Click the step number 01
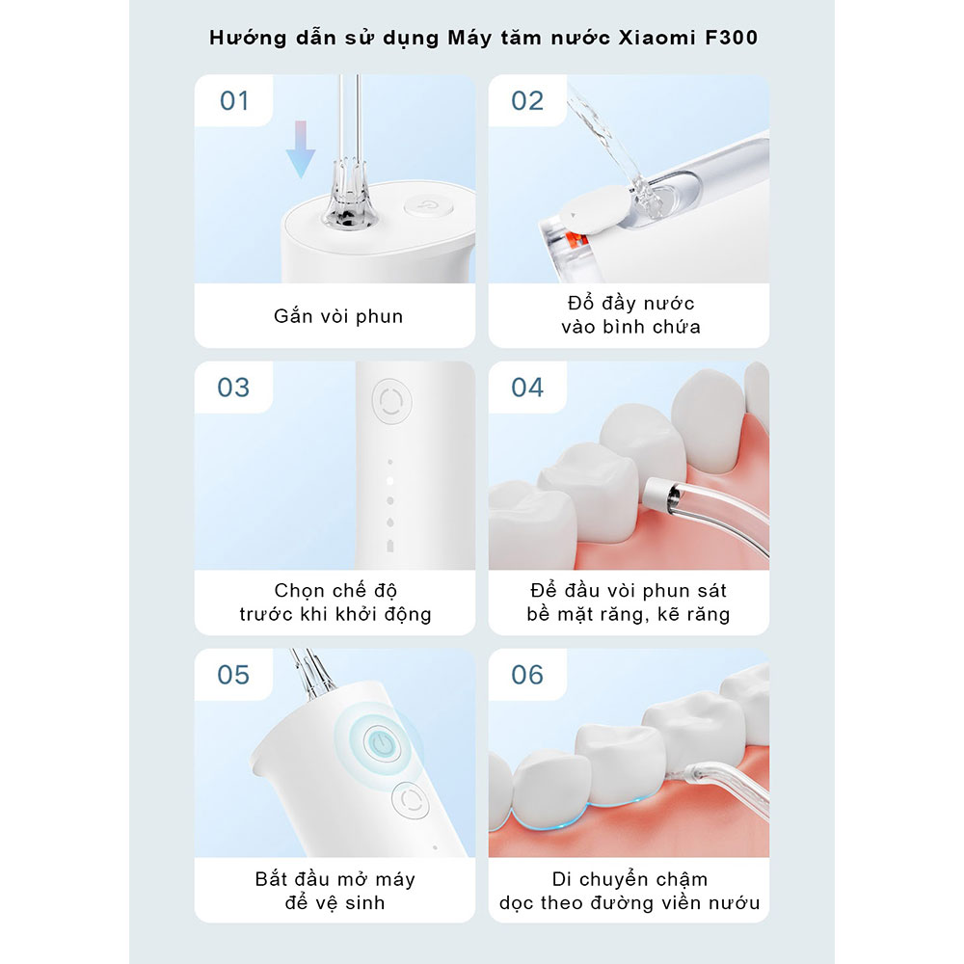pyautogui.click(x=234, y=101)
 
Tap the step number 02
pyautogui.click(x=527, y=101)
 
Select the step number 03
pyautogui.click(x=233, y=388)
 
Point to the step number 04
pyautogui.click(x=527, y=388)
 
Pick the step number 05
pyautogui.click(x=233, y=675)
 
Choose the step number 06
pyautogui.click(x=527, y=675)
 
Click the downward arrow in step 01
pyautogui.click(x=301, y=149)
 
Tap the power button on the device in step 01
pyautogui.click(x=429, y=205)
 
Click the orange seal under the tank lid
pyautogui.click(x=579, y=240)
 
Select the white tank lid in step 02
pyautogui.click(x=595, y=211)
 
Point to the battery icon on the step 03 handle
pyautogui.click(x=389, y=546)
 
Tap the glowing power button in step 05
pyautogui.click(x=383, y=744)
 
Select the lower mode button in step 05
pyautogui.click(x=410, y=800)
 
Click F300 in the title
pyautogui.click(x=731, y=38)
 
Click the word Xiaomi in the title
pyautogui.click(x=656, y=38)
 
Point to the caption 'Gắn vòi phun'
pyautogui.click(x=338, y=316)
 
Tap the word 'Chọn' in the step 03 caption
pyautogui.click(x=300, y=591)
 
